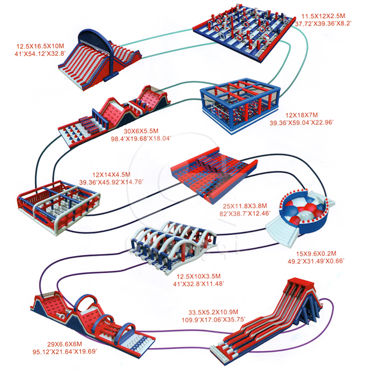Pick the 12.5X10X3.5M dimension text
[x=198, y=276]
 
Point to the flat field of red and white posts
[x=243, y=30]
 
